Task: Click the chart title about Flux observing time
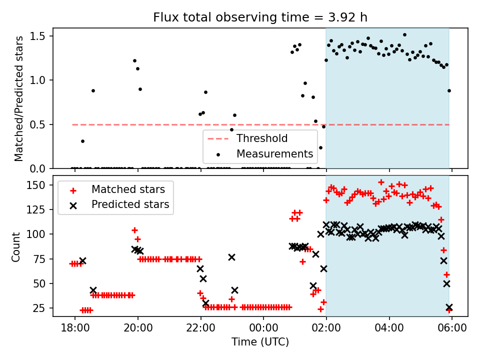(x=260, y=17)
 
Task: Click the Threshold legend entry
(x=261, y=138)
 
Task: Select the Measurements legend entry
(x=274, y=153)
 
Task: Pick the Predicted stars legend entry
(x=130, y=204)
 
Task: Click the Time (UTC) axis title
(x=260, y=342)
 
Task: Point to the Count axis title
(x=16, y=246)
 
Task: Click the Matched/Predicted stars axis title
(x=19, y=98)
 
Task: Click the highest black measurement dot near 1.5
(x=404, y=35)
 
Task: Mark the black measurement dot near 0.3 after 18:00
(x=82, y=141)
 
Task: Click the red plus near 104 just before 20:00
(x=134, y=230)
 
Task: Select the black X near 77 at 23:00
(x=231, y=257)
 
